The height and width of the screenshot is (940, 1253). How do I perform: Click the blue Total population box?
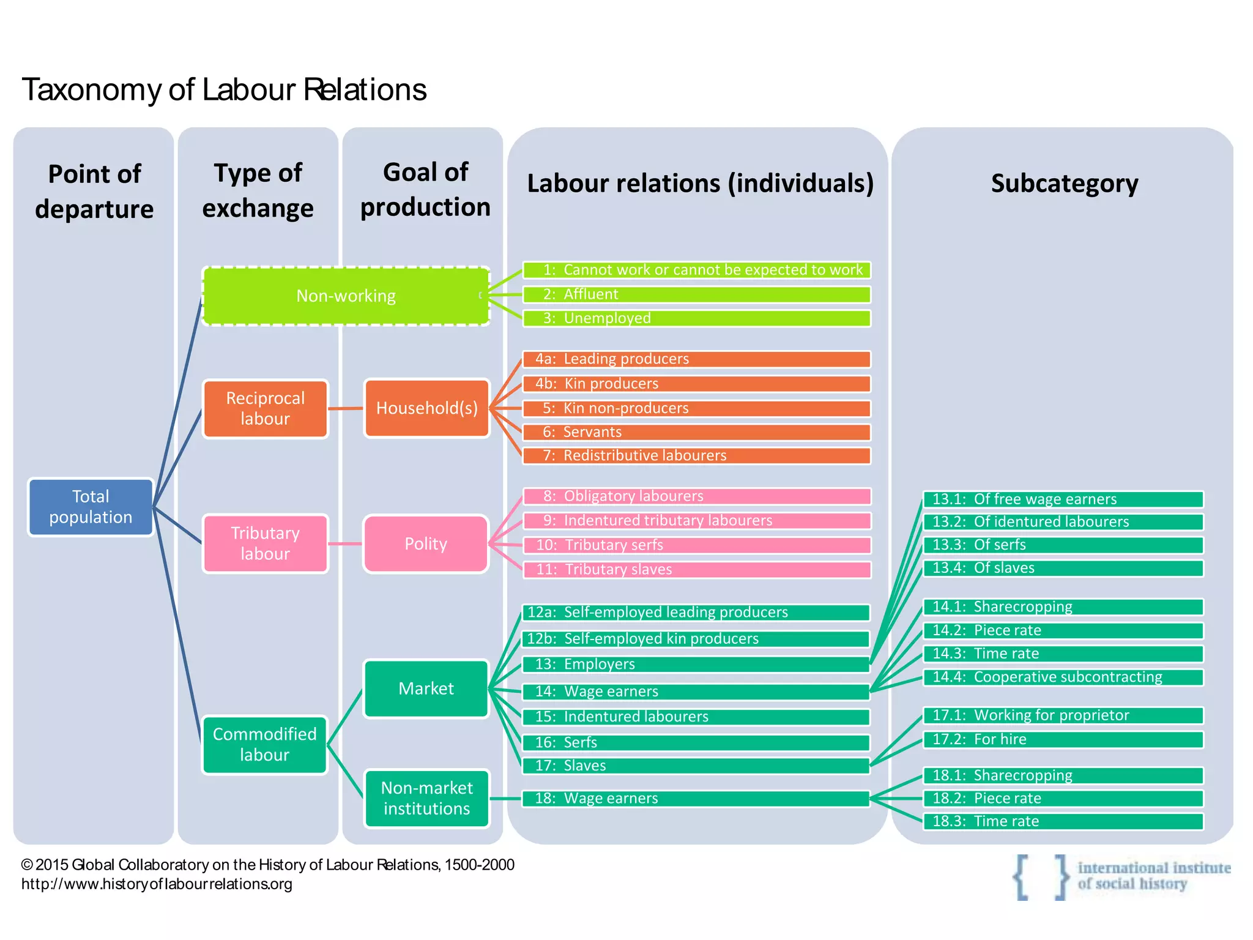pos(91,507)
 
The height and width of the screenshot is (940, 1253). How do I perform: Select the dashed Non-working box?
pos(346,296)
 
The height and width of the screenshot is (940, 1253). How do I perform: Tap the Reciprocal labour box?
pos(265,408)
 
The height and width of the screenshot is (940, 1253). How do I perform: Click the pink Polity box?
pos(426,543)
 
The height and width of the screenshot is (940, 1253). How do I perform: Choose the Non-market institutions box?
pos(426,798)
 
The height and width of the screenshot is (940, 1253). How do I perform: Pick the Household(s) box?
pos(426,408)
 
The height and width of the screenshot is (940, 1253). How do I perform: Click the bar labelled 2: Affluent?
pos(696,294)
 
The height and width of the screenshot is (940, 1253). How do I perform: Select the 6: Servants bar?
pos(696,432)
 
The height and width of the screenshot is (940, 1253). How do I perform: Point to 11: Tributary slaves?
pos(696,570)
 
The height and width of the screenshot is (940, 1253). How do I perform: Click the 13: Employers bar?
pos(696,664)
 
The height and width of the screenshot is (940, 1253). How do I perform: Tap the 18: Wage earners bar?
pos(696,798)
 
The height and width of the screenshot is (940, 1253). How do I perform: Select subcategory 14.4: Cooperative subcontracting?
pos(1063,677)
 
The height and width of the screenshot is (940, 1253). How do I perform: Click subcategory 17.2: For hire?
pos(1063,739)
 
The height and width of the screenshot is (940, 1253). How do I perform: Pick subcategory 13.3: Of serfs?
pos(1063,545)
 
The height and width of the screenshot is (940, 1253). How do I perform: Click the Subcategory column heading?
pos(1065,183)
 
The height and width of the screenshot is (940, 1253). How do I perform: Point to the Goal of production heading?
pos(425,189)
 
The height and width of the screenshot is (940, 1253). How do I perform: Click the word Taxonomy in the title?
pos(92,90)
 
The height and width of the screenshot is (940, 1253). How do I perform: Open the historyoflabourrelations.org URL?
pos(157,884)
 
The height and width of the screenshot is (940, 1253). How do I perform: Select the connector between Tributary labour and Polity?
pos(346,543)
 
